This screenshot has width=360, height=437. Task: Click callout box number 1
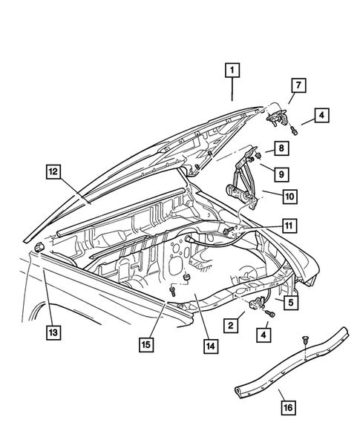pyautogui.click(x=232, y=71)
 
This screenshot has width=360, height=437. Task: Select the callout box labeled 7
pyautogui.click(x=295, y=86)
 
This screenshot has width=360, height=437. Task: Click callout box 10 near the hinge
pyautogui.click(x=289, y=197)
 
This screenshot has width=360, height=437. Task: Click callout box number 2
pyautogui.click(x=232, y=325)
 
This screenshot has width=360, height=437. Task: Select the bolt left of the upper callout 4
pyautogui.click(x=295, y=131)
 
